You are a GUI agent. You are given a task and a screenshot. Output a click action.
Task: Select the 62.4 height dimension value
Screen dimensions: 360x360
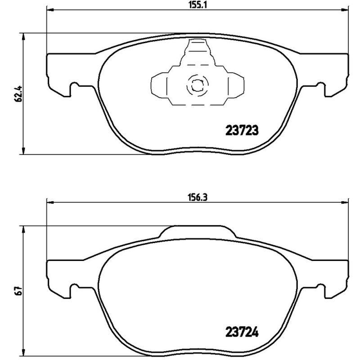coord(18,94)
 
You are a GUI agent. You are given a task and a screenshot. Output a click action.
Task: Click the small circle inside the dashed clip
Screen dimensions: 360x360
coord(197,84)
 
